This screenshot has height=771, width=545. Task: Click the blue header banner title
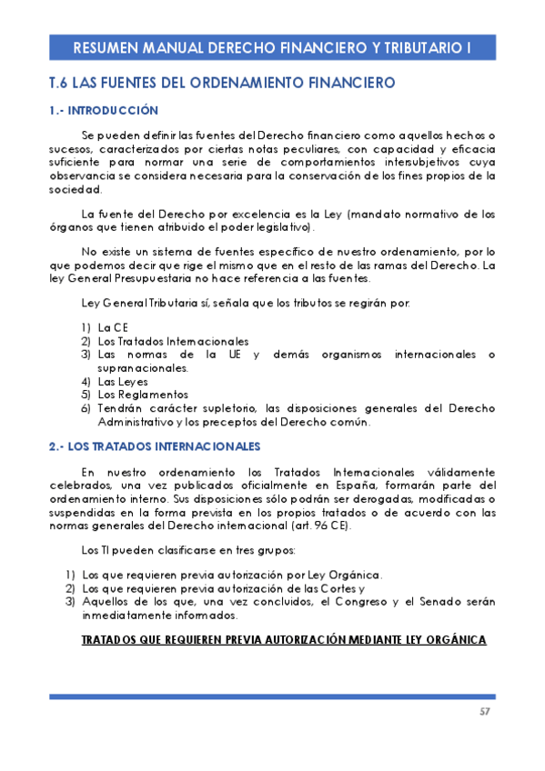tap(271, 47)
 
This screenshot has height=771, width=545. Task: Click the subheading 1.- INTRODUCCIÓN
tap(103, 111)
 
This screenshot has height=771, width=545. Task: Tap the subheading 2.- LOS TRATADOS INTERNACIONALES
tap(155, 446)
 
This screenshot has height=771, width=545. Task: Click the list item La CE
tap(113, 327)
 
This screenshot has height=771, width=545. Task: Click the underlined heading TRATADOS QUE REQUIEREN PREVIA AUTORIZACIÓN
tap(284, 640)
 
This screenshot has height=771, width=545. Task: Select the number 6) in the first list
tap(85, 408)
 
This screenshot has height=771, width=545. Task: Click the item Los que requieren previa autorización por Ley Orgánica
tap(232, 575)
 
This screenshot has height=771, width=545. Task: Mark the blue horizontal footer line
tap(272, 696)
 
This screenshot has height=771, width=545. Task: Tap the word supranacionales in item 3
tap(143, 368)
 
